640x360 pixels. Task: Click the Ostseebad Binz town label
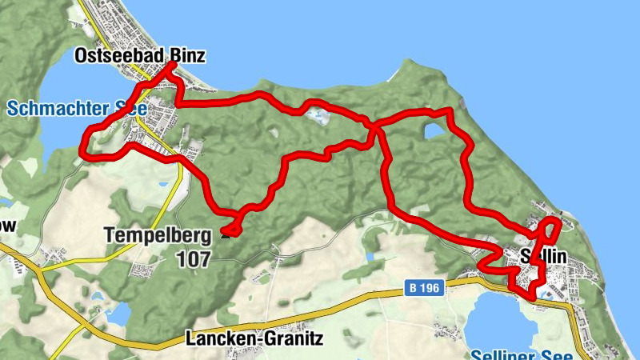139,56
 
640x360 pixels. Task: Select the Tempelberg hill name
155,235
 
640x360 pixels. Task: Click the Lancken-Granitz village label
254,338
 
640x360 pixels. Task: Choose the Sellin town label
543,258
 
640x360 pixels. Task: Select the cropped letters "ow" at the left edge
7,226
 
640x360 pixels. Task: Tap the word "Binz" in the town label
188,56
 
